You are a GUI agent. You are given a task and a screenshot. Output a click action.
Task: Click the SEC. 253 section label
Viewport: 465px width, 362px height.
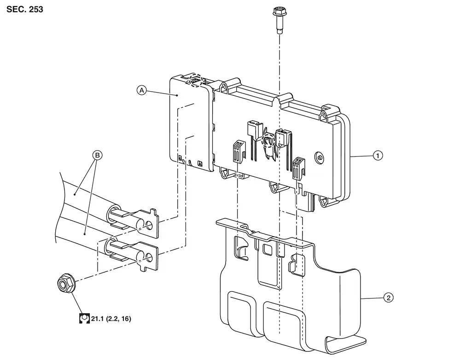pyautogui.click(x=25, y=9)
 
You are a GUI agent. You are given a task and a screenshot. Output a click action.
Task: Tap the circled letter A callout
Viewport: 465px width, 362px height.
pyautogui.click(x=142, y=90)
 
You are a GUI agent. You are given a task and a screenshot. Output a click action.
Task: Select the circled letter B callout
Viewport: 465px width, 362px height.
pyautogui.click(x=97, y=155)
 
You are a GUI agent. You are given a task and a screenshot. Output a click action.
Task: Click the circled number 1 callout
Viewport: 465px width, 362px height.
pyautogui.click(x=378, y=156)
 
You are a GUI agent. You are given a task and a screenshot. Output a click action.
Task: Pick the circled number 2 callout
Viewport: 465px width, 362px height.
pyautogui.click(x=389, y=298)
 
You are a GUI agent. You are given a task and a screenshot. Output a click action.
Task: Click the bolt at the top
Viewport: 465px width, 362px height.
pyautogui.click(x=279, y=21)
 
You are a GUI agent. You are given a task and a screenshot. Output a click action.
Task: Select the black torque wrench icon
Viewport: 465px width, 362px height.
pyautogui.click(x=85, y=318)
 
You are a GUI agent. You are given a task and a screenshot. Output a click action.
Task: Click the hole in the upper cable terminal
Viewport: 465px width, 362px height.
pyautogui.click(x=150, y=226)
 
